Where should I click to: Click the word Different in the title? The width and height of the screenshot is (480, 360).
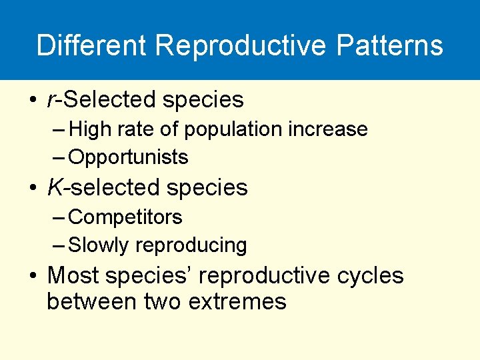(x=91, y=45)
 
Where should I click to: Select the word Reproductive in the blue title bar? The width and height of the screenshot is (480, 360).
(x=241, y=45)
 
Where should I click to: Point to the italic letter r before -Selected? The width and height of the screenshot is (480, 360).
(x=51, y=100)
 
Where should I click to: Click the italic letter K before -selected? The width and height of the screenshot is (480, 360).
(x=55, y=188)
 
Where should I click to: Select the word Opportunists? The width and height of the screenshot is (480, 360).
(x=129, y=157)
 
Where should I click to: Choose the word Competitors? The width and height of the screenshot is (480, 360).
(x=125, y=217)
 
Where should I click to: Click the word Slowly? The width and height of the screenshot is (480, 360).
(x=99, y=245)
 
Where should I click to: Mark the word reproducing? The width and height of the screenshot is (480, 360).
(x=191, y=245)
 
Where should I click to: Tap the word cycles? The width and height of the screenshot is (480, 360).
(x=370, y=275)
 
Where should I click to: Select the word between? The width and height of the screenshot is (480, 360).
(x=93, y=302)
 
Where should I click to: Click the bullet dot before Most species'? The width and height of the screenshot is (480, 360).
(x=33, y=275)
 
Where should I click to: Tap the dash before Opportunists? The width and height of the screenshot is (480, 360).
(x=59, y=157)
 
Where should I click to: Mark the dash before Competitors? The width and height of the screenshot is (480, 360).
(x=59, y=217)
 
